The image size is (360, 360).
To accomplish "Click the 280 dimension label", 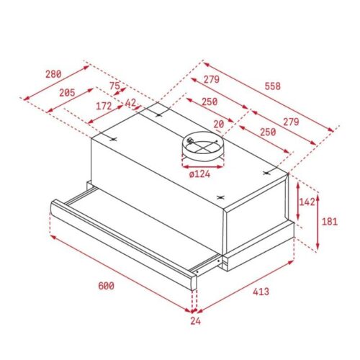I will [x=53, y=73].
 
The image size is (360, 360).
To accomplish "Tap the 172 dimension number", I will [x=104, y=106].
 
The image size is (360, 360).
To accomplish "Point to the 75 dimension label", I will [x=115, y=86].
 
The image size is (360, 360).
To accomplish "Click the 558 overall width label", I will [x=271, y=86].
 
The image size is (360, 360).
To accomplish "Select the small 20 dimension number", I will [x=217, y=123].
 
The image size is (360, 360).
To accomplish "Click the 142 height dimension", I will [x=307, y=202].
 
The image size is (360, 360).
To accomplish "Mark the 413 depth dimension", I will [x=260, y=292].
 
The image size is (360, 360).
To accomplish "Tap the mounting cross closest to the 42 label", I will [x=159, y=112].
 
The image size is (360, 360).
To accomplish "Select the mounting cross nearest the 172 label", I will [x=113, y=138].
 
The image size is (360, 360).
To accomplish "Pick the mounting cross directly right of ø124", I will [x=269, y=171].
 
